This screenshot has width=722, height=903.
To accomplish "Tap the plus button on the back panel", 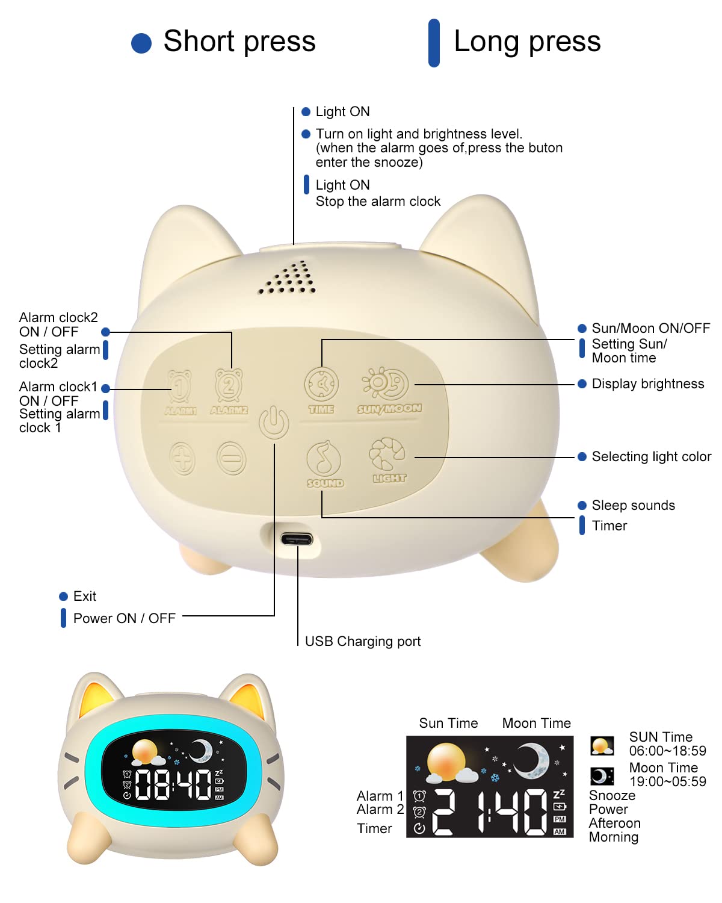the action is (182, 458).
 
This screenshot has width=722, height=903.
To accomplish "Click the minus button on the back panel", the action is (231, 458).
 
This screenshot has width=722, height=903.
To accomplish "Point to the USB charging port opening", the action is (297, 538).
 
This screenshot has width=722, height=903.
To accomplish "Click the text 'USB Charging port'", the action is (362, 642).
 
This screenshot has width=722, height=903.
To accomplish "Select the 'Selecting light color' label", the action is (651, 456).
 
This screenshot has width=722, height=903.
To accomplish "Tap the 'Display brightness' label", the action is (648, 384).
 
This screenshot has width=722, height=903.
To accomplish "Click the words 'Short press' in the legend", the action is (239, 41).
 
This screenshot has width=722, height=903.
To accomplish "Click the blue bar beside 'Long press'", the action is (434, 43).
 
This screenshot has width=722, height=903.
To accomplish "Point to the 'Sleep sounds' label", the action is (633, 505).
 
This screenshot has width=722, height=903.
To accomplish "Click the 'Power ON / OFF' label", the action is (124, 618).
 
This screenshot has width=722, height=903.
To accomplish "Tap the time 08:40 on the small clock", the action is (173, 784).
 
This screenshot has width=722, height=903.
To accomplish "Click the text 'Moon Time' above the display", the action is (536, 723).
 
